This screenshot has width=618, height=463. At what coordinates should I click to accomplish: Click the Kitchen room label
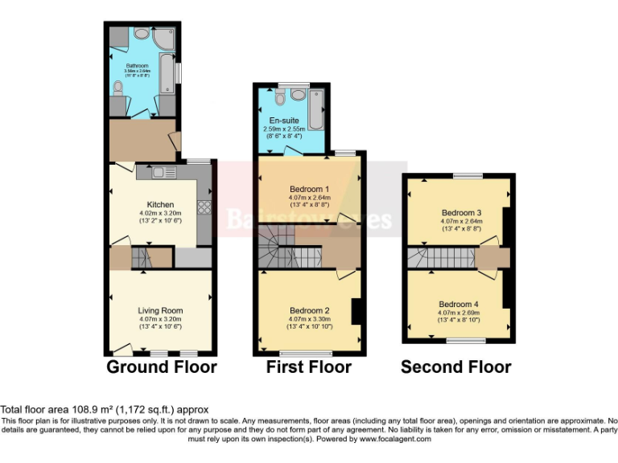[161, 204]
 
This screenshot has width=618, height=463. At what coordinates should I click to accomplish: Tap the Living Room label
[160, 310]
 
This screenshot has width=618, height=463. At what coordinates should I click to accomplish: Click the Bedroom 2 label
[310, 310]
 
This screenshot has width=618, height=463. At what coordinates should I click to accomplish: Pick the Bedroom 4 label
[459, 304]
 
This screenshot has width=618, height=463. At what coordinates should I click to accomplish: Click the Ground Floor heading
[162, 367]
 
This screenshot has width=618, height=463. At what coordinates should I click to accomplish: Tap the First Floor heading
[309, 367]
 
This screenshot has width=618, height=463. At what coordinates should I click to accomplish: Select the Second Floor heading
[456, 367]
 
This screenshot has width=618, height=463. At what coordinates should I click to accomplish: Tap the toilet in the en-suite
[279, 99]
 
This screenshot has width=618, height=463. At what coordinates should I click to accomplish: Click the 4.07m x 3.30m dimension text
[310, 319]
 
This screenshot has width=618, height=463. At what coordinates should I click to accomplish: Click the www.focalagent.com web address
[394, 440]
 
